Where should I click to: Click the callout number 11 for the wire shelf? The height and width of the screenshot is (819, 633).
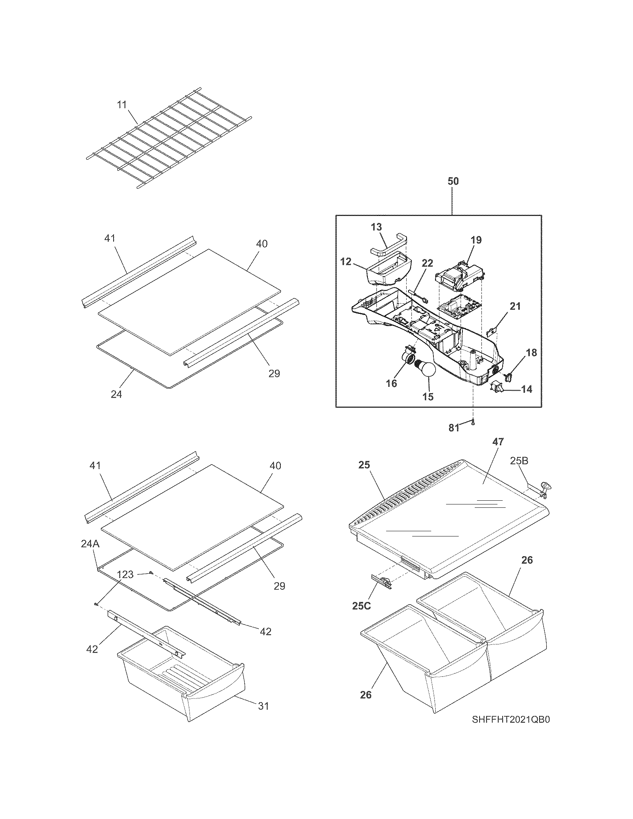pyautogui.click(x=122, y=105)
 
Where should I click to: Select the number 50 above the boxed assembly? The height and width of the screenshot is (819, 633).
pyautogui.click(x=453, y=181)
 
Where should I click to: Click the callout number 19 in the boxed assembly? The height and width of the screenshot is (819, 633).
pyautogui.click(x=476, y=240)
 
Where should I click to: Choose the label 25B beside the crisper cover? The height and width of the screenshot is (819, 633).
pyautogui.click(x=519, y=461)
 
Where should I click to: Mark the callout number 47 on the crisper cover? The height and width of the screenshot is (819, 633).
pyautogui.click(x=497, y=442)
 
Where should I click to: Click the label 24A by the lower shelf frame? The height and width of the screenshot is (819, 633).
pyautogui.click(x=90, y=544)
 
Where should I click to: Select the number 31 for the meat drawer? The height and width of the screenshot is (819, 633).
pyautogui.click(x=263, y=706)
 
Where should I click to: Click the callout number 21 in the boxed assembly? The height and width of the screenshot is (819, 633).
pyautogui.click(x=515, y=306)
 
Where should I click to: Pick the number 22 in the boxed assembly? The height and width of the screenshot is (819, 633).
pyautogui.click(x=427, y=264)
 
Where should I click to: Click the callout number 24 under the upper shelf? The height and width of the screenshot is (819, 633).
pyautogui.click(x=116, y=394)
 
